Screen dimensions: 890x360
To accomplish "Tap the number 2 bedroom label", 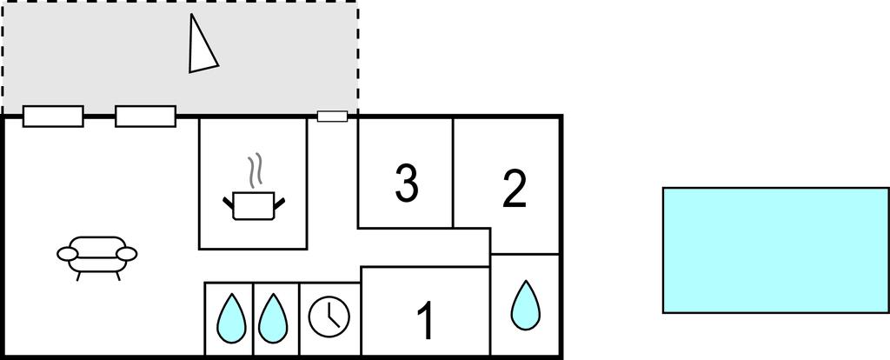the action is pyautogui.click(x=515, y=188).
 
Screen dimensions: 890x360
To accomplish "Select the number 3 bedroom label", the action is pyautogui.click(x=407, y=183).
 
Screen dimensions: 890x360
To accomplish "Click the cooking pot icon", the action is pyautogui.click(x=254, y=205).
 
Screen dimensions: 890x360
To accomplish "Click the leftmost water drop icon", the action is pyautogui.click(x=231, y=318).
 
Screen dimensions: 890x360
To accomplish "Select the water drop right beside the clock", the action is pyautogui.click(x=273, y=318).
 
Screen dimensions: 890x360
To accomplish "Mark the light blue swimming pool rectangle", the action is pyautogui.click(x=776, y=250).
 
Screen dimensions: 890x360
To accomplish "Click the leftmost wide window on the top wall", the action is pyautogui.click(x=53, y=117).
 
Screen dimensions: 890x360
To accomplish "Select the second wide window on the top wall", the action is pyautogui.click(x=145, y=117).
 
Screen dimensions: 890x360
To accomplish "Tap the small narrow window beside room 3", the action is pyautogui.click(x=332, y=117).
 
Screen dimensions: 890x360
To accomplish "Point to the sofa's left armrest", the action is pyautogui.click(x=67, y=254).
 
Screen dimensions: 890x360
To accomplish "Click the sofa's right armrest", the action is pyautogui.click(x=127, y=254).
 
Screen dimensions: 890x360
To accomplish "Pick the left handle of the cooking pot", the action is pyautogui.click(x=229, y=202).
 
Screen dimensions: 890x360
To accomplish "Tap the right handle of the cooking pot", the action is pyautogui.click(x=279, y=202).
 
